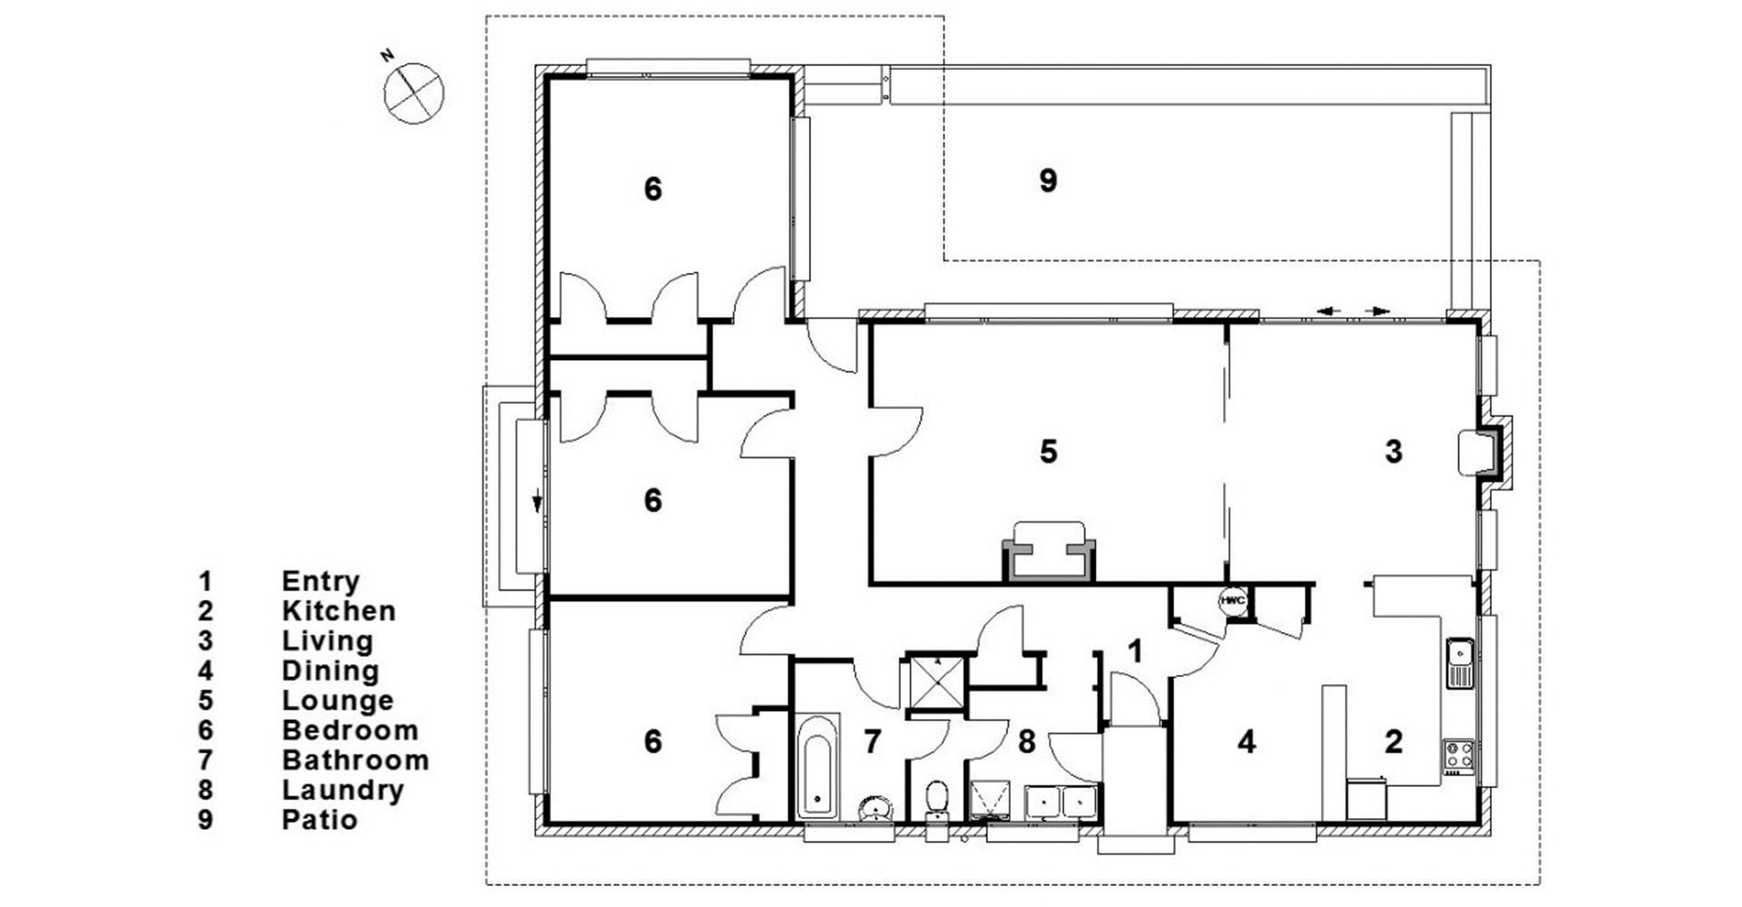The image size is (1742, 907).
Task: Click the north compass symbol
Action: point(414,93)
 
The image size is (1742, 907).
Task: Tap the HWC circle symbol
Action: point(1231,600)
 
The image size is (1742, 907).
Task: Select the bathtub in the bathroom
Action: point(819,767)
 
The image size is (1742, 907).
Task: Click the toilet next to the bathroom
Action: point(936,800)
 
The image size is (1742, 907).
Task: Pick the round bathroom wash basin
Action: point(876,806)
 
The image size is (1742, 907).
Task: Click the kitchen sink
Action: point(1460,663)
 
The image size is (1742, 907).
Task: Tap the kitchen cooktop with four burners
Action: point(1459,756)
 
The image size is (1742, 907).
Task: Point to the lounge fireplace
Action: point(1049,552)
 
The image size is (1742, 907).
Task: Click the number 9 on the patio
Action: point(1048,181)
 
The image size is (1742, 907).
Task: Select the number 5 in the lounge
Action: point(1048,451)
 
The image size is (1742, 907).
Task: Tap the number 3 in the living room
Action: point(1394,451)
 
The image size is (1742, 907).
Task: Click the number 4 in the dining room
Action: point(1247,742)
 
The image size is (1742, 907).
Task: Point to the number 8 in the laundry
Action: point(1026,742)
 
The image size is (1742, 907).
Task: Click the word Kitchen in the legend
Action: point(338,610)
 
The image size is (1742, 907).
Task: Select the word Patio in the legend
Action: point(319,820)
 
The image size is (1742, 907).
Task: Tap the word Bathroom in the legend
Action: point(355,760)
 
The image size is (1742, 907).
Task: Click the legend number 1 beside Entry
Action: point(206,580)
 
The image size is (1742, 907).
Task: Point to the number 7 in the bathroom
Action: point(872,742)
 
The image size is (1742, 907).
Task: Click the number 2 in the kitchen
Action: point(1394,742)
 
